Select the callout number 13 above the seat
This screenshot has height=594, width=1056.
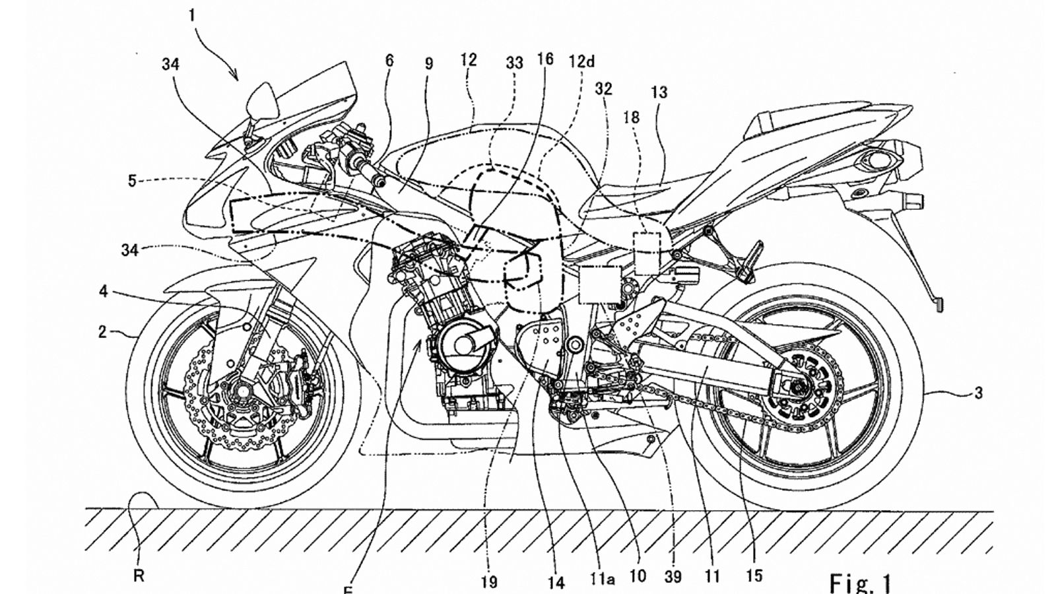659,92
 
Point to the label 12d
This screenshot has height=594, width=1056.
581,61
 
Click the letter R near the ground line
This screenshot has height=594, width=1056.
139,576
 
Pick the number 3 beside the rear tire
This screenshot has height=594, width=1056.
978,393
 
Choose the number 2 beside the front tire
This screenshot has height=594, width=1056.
102,332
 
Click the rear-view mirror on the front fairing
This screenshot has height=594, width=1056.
260,99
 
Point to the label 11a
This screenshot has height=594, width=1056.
602,579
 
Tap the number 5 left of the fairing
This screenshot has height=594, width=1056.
132,180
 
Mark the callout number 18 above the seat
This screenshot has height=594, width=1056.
632,117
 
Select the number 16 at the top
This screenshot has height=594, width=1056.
544,59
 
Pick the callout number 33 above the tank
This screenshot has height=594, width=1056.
514,63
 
